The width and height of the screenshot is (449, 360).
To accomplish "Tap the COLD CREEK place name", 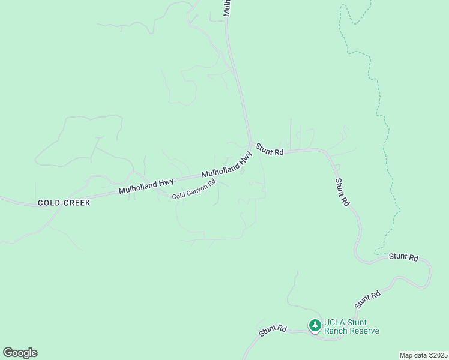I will tap(64, 203).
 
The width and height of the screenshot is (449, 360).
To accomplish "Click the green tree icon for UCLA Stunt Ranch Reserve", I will tap(315, 325).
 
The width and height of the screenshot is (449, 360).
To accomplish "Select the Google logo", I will tap(20, 353).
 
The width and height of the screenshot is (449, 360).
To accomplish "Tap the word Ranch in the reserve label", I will tap(335, 331).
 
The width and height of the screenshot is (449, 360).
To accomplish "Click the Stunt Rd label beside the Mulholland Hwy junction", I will tap(270, 149).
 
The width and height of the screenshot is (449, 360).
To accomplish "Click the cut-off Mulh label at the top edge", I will tap(227, 8).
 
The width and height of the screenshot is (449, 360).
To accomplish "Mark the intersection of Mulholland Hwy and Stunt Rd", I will tap(251, 146).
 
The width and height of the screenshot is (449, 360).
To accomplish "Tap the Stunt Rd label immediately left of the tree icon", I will tap(273, 330).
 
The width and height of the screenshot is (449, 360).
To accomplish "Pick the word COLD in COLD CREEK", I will tap(49, 203).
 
